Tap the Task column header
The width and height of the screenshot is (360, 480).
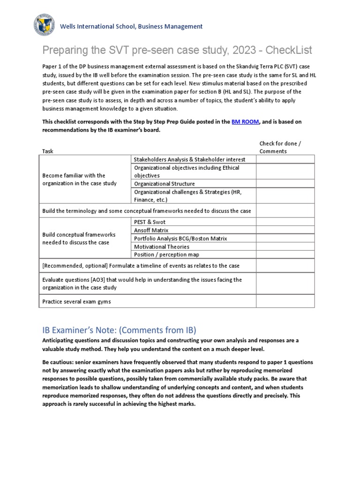pyautogui.click(x=48, y=151)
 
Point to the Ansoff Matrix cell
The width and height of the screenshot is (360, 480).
pyautogui.click(x=151, y=230)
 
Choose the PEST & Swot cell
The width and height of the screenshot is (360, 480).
pyautogui.click(x=150, y=222)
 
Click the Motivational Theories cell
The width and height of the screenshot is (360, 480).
pyautogui.click(x=162, y=247)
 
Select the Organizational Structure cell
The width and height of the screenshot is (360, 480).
pyautogui.click(x=164, y=184)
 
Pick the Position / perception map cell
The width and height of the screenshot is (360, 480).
pyautogui.click(x=166, y=255)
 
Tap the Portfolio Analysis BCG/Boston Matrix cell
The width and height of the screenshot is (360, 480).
pyautogui.click(x=180, y=238)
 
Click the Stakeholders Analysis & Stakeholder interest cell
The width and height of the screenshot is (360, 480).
pyautogui.click(x=189, y=159)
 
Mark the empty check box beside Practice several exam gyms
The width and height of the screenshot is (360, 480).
pyautogui.click(x=285, y=301)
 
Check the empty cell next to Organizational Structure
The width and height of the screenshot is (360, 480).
pyautogui.click(x=285, y=184)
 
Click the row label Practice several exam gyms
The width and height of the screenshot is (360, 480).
pyautogui.click(x=76, y=301)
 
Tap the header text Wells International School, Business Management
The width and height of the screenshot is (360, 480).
pyautogui.click(x=133, y=27)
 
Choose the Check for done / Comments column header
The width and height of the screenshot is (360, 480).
pyautogui.click(x=278, y=147)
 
